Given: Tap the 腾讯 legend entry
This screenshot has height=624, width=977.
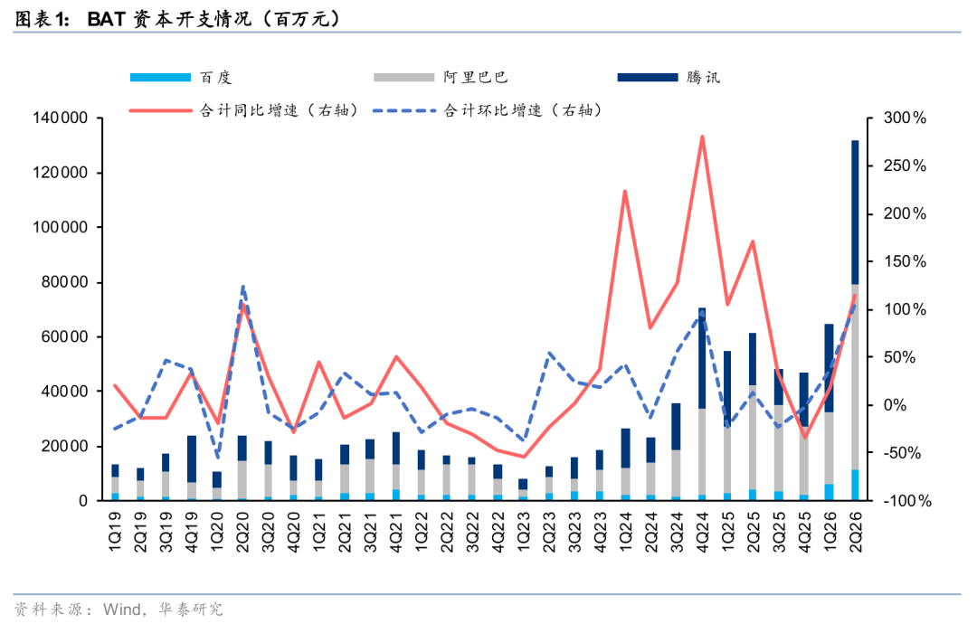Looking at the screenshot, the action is click(669, 77).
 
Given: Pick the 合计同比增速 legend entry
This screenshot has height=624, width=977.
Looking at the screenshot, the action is click(244, 110).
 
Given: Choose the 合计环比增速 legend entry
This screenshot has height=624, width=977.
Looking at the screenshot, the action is click(488, 110).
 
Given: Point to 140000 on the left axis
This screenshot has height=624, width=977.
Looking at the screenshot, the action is click(61, 118).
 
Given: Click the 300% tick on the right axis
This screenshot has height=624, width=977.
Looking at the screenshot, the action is click(905, 118).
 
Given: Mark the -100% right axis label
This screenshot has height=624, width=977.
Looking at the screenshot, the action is click(907, 501).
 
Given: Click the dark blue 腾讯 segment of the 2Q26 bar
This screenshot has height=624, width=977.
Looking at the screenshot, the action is click(856, 213).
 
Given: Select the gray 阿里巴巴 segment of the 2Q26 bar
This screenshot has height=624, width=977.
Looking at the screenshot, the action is click(856, 377).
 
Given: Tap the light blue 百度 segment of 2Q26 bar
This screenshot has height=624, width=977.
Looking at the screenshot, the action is click(856, 485).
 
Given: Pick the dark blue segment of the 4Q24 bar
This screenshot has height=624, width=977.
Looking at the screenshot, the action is click(702, 358).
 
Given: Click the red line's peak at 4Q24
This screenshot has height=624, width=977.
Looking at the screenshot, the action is click(702, 136).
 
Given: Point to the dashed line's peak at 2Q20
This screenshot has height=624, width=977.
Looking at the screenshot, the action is click(242, 287).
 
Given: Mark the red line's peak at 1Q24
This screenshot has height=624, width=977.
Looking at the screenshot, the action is click(625, 191).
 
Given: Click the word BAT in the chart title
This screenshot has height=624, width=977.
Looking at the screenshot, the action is click(107, 19).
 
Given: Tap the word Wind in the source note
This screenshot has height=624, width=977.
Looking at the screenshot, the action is click(122, 609).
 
